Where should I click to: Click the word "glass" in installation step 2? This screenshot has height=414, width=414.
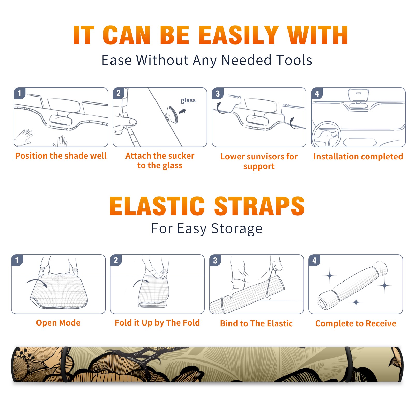188,100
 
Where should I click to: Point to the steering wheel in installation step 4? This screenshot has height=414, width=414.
326,134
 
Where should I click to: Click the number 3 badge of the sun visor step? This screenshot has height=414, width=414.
218,93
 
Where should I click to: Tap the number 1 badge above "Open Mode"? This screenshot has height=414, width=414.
17,260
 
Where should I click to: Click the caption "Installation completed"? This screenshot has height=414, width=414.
358,157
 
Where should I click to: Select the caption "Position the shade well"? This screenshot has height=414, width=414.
61,156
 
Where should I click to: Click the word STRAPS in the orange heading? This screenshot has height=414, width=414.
259,206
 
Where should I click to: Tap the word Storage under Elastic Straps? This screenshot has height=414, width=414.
237,229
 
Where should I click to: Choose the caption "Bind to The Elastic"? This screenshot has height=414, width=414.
256,323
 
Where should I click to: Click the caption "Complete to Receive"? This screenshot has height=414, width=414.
356,323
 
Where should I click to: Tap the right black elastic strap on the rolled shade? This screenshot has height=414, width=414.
348,364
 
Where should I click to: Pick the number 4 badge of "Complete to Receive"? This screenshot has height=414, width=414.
314,260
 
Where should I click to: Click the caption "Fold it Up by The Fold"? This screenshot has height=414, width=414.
157,323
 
